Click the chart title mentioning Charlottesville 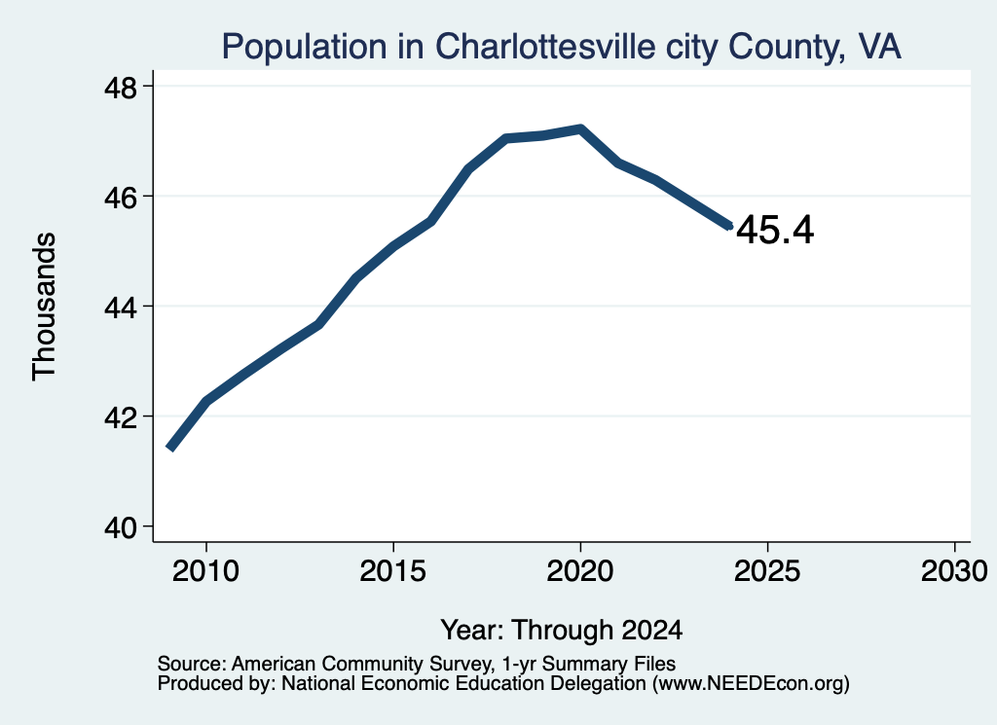pos(561,47)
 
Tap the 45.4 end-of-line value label pos(775,230)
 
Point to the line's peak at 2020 pos(580,129)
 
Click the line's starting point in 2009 pos(169,448)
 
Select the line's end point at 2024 pos(730,226)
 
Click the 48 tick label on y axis pos(120,87)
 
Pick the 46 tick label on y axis pos(120,197)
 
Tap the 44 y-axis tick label pos(120,308)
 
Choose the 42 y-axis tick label pos(120,417)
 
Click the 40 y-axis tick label pos(120,527)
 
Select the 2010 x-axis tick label pos(206,571)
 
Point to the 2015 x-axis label pos(393,571)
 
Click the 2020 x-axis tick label pos(580,571)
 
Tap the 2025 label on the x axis pos(767,571)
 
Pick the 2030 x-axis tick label pos(954,571)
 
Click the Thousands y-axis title pos(44,307)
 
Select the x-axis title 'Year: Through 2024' pos(562,631)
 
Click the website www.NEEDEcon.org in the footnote pos(750,684)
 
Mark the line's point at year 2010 pos(206,401)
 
